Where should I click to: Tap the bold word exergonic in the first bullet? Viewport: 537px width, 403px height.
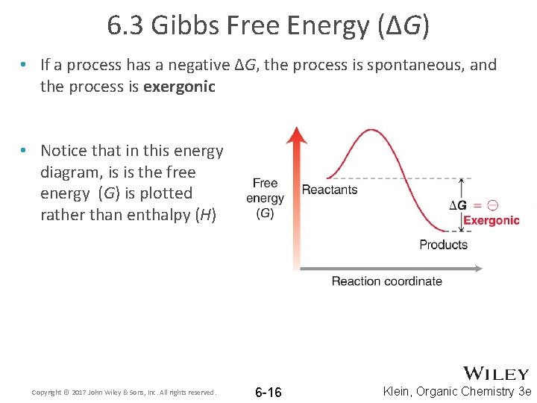click(x=179, y=87)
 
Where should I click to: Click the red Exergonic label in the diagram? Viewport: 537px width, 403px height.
click(x=492, y=220)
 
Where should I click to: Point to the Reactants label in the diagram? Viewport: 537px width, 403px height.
click(x=330, y=189)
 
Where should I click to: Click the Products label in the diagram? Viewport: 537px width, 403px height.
click(x=443, y=244)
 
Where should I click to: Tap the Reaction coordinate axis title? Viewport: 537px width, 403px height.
click(x=386, y=281)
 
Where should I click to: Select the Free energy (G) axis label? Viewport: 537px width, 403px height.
click(x=265, y=198)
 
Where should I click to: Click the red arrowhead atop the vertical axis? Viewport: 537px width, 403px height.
click(x=298, y=136)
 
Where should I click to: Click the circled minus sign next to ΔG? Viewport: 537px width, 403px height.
click(x=492, y=204)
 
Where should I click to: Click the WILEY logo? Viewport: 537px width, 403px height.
click(x=496, y=374)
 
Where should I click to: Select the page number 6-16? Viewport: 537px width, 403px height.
click(x=268, y=393)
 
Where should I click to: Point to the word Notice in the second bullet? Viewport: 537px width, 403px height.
click(x=65, y=151)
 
